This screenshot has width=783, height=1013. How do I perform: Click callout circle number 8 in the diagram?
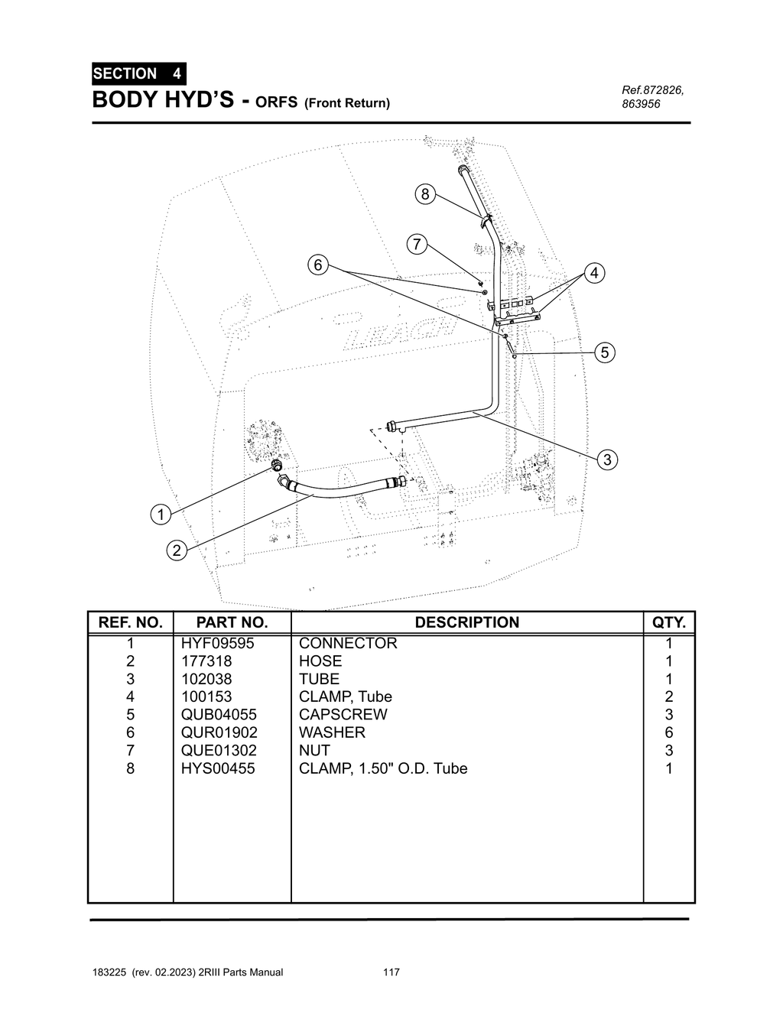[x=425, y=194]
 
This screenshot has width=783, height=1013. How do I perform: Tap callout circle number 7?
[x=416, y=245]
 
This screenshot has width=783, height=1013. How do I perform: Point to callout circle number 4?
[x=594, y=273]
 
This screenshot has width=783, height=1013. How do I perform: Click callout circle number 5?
[x=605, y=352]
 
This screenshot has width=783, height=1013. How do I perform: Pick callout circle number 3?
[x=607, y=459]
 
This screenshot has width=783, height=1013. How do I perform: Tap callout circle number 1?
[x=161, y=515]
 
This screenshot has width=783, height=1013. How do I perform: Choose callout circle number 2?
[x=177, y=550]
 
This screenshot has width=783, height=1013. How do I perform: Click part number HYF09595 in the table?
[x=217, y=643]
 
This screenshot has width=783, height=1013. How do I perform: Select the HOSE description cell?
[x=320, y=661]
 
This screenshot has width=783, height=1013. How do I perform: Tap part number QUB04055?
[x=219, y=714]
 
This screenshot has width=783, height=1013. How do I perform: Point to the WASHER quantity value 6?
[x=668, y=732]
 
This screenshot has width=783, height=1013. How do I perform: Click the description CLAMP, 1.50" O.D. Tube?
[x=382, y=768]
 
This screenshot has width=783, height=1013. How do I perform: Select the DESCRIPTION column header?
[x=466, y=622]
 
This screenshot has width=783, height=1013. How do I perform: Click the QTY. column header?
[x=668, y=622]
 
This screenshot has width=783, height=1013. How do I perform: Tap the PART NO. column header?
[x=232, y=622]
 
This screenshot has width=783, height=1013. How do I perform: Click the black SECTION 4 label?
[x=138, y=74]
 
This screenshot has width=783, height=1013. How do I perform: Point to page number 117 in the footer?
[x=391, y=972]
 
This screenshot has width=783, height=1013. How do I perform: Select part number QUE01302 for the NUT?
[x=219, y=750]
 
